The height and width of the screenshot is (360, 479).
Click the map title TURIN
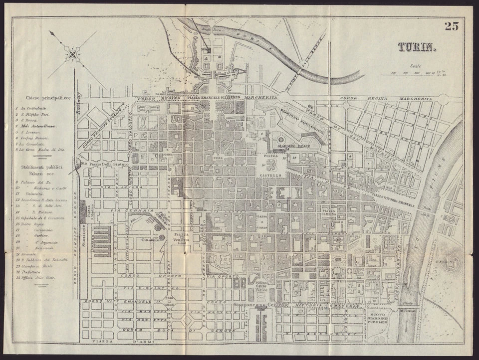coord(417,47)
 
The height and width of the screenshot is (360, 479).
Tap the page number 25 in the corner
coord(451,26)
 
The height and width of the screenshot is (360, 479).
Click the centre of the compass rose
coord(73,54)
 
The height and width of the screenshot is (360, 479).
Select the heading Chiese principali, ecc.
coord(44,98)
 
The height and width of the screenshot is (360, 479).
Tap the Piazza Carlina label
coord(328,213)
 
